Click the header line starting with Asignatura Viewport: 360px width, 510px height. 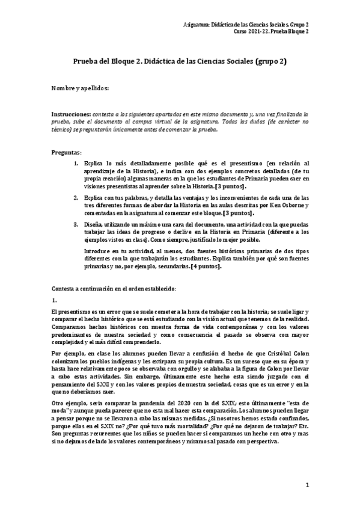[x=266, y=24]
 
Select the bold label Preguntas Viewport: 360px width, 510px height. [x=66, y=152]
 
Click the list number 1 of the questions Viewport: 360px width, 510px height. [x=76, y=163]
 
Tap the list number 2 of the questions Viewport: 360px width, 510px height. [x=76, y=197]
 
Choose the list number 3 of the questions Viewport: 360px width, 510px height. [x=76, y=224]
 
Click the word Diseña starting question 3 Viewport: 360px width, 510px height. [x=95, y=224]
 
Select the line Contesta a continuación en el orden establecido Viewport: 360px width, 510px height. [x=114, y=288]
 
